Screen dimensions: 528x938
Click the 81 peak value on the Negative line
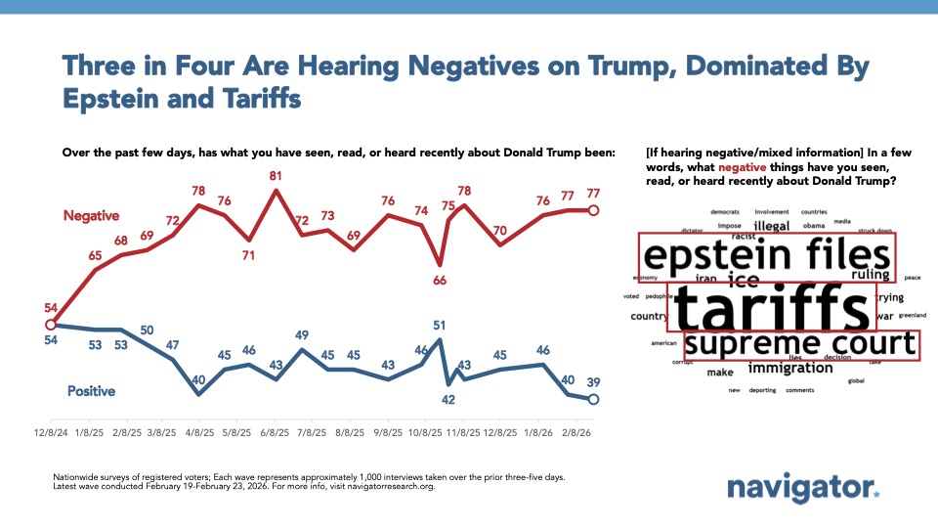click(276, 176)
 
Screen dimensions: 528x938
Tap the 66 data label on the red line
click(440, 281)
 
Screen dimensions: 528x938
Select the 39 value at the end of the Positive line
click(594, 382)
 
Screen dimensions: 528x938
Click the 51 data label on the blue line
click(440, 326)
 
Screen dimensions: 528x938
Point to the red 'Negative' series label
click(93, 214)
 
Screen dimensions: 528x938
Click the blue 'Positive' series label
click(91, 391)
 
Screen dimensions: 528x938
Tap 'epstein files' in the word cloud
click(765, 257)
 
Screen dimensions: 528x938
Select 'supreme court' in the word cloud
click(800, 344)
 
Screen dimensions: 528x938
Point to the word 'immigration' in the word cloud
click(790, 369)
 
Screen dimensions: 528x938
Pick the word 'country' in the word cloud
click(649, 316)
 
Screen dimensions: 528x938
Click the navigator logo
click(803, 489)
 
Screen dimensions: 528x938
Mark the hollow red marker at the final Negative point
click(594, 210)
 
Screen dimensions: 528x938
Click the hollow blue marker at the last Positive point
click(594, 399)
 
